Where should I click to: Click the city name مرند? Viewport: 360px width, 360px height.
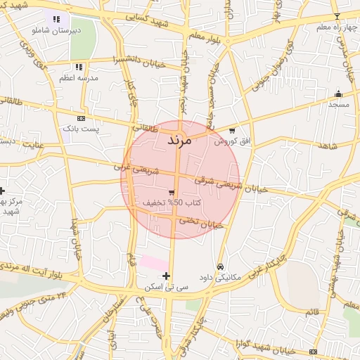point(180,141)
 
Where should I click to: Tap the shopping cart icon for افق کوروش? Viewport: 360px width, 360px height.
point(232,130)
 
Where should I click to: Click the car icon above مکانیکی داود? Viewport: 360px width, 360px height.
point(221,266)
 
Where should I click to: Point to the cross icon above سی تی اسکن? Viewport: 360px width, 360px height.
point(166,276)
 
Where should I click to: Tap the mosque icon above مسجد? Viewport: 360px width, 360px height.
point(338,94)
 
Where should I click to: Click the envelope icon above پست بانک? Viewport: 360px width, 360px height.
point(81,118)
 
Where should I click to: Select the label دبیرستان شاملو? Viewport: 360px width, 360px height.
point(56,30)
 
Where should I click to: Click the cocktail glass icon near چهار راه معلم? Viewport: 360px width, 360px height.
point(336,16)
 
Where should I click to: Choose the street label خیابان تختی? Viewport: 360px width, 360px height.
point(202,224)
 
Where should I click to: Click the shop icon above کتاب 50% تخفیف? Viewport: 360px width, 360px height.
point(172,192)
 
